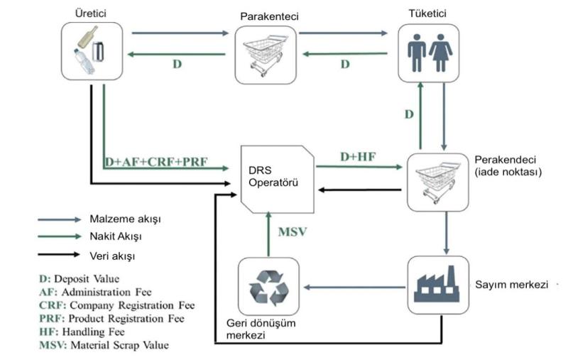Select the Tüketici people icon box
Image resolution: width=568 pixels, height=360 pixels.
428,51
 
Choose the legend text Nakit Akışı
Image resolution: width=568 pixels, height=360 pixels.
115,237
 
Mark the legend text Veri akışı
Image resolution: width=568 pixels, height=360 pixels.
112,254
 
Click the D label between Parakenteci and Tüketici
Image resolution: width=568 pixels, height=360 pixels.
345,64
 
